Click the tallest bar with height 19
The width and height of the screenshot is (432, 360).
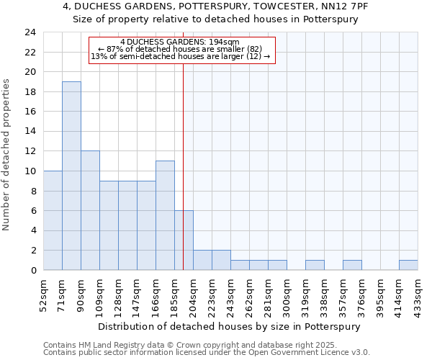click(x=71, y=176)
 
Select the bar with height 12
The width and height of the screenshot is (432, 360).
click(x=90, y=210)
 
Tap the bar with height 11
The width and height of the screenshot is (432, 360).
click(x=165, y=215)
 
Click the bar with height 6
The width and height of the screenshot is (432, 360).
click(x=184, y=240)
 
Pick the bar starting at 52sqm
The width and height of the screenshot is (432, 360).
click(x=53, y=220)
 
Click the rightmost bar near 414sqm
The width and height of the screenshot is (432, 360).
click(x=408, y=265)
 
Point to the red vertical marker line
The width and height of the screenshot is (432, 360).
click(x=184, y=144)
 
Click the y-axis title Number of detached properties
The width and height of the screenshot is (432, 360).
click(x=7, y=155)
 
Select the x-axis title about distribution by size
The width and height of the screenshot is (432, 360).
click(x=228, y=326)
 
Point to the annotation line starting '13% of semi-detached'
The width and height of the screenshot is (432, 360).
click(x=181, y=56)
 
